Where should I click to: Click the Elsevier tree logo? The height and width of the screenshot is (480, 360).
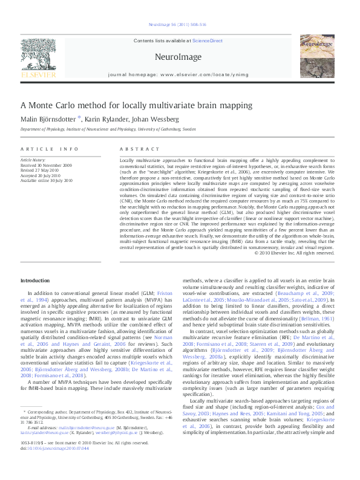38,57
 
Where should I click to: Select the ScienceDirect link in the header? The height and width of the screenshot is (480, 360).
208,41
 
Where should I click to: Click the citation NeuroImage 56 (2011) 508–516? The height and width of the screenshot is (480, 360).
177,24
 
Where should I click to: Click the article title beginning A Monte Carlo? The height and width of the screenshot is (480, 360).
136,105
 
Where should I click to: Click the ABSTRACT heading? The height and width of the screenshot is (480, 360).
134,149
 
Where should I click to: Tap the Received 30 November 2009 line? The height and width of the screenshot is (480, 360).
46,164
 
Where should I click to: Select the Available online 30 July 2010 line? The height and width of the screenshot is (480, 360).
46,181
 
